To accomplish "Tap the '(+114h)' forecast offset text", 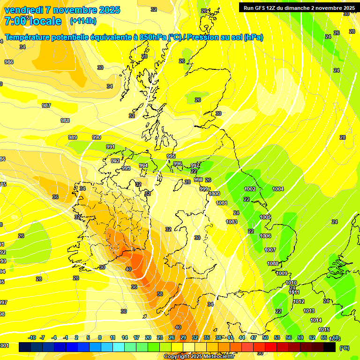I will (x=83, y=21).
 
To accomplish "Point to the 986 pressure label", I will (x=9, y=62).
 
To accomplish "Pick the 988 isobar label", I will (x=65, y=120).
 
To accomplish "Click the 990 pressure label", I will (x=97, y=137).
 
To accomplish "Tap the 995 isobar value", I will (x=171, y=156).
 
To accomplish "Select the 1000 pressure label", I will (x=214, y=194).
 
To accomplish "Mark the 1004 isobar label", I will (x=278, y=189).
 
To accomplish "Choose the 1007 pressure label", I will (x=270, y=250).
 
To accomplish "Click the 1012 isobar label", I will (x=299, y=301).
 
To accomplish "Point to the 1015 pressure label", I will (x=324, y=330).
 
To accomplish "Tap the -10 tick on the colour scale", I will (x=32, y=337).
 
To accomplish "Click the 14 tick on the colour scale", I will (x=125, y=337).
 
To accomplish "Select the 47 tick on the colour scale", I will (x=254, y=337).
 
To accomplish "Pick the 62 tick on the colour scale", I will (x=312, y=337).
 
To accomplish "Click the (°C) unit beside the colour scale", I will (x=345, y=347).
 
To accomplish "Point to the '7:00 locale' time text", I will (x=32, y=21).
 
